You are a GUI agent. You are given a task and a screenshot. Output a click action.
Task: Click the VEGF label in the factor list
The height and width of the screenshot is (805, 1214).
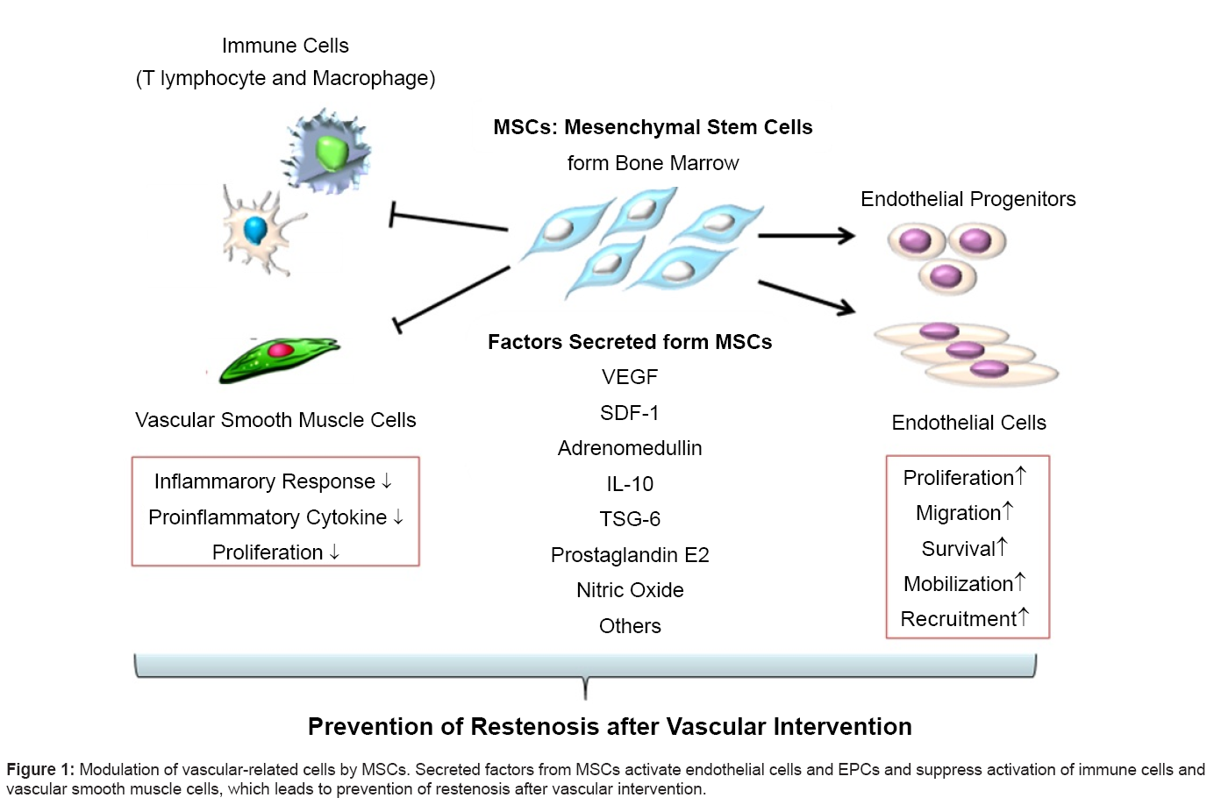tap(630, 377)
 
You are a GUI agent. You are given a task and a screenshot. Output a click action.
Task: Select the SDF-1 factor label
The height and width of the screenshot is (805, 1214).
tap(630, 413)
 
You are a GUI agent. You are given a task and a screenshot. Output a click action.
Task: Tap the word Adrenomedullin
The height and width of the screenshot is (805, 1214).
tap(630, 448)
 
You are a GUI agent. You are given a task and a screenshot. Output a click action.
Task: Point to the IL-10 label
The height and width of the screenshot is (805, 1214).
tap(630, 484)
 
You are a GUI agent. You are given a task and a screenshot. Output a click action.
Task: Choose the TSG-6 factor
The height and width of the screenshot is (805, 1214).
tap(630, 519)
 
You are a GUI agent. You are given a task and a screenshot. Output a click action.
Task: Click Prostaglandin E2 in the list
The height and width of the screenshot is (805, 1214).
tap(630, 555)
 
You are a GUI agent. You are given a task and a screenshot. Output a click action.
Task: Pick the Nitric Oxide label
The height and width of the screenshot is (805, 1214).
tap(630, 590)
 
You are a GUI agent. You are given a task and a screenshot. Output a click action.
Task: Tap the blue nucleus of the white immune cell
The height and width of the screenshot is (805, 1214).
tap(255, 230)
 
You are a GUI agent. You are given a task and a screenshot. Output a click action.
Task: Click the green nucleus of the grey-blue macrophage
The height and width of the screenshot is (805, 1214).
tap(332, 151)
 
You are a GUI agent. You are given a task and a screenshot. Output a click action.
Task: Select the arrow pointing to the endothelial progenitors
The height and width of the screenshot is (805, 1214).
tap(805, 235)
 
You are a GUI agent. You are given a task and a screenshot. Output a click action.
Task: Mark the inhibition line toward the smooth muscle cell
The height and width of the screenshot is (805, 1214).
tap(452, 296)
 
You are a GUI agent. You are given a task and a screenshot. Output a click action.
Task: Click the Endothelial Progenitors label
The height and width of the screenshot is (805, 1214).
tap(968, 199)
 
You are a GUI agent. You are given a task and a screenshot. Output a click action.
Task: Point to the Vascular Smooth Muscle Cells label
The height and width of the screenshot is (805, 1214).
tap(275, 420)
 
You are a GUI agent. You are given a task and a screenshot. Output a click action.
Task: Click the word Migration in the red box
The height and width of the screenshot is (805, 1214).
tap(958, 513)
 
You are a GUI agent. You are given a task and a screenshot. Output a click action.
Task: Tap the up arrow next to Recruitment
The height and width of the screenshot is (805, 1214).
tap(1024, 616)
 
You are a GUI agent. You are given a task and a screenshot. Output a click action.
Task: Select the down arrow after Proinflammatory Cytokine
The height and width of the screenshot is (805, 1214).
tap(398, 517)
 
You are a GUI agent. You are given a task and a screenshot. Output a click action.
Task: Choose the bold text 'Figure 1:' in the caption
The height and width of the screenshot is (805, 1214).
tap(40, 770)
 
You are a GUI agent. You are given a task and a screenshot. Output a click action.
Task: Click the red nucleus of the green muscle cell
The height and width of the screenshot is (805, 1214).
tap(281, 350)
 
